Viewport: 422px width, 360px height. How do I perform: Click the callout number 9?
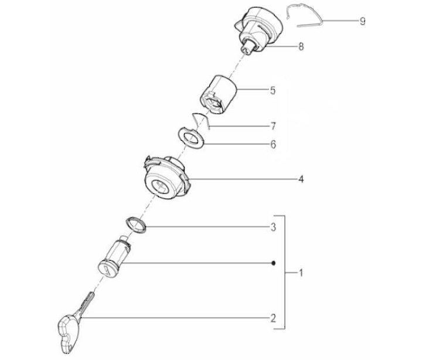[x=363, y=21]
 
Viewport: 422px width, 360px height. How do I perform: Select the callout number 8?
[x=301, y=46]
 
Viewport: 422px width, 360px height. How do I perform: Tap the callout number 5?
[x=273, y=90]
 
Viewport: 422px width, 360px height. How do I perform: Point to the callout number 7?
[x=273, y=126]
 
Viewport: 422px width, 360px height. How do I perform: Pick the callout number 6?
[x=273, y=145]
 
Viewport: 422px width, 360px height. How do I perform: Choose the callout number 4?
[x=301, y=179]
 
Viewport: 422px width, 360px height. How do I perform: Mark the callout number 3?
[x=273, y=227]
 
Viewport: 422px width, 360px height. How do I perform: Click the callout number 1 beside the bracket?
[x=301, y=273]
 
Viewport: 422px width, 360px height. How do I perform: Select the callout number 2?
[x=273, y=318]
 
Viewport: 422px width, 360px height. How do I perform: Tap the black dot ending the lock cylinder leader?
[x=274, y=263]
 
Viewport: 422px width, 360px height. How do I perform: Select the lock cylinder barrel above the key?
[x=114, y=258]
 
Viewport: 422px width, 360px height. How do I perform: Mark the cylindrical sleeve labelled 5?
[x=218, y=94]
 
